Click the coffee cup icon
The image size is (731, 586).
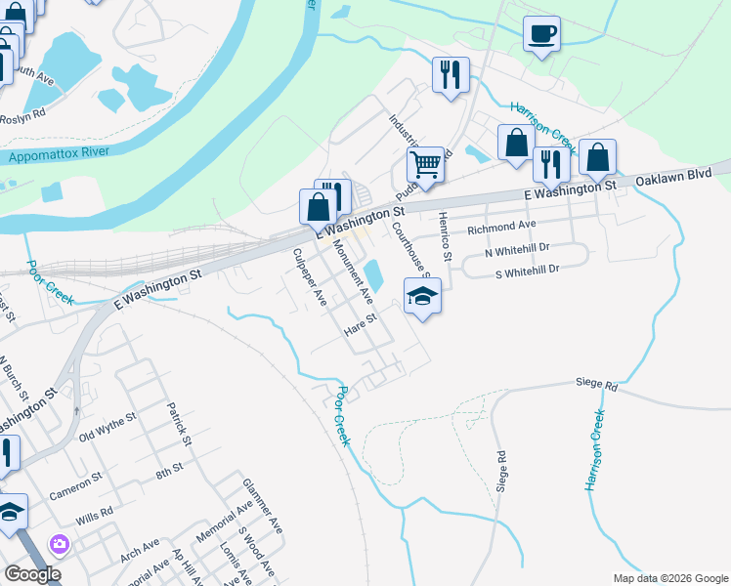[x=540, y=34]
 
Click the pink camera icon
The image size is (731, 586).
[x=60, y=543]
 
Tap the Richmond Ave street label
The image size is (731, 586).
[x=501, y=227]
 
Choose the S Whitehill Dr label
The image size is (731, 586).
[x=527, y=269]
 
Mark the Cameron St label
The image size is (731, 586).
[x=75, y=485]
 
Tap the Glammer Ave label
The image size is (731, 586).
[x=263, y=504]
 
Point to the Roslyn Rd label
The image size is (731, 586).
[x=22, y=116]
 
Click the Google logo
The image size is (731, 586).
[x=32, y=574]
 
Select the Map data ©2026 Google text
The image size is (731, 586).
[x=669, y=578]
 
